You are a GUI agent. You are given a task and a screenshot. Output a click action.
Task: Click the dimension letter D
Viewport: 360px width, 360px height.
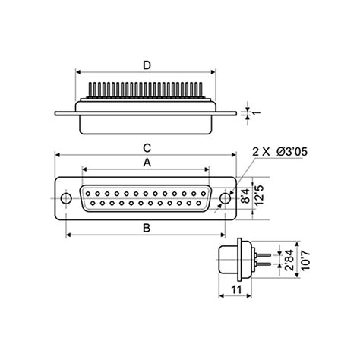coord(147,65)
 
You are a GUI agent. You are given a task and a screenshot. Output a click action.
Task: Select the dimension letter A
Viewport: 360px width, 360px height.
coord(147,163)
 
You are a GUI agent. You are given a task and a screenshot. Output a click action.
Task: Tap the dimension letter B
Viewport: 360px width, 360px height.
coord(147,227)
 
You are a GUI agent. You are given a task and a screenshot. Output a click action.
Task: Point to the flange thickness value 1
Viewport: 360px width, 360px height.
coord(257,113)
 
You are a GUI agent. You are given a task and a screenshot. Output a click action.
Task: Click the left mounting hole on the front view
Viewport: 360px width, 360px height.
coord(68,199)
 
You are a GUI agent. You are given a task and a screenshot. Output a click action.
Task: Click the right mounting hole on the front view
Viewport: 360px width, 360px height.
coord(225,199)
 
